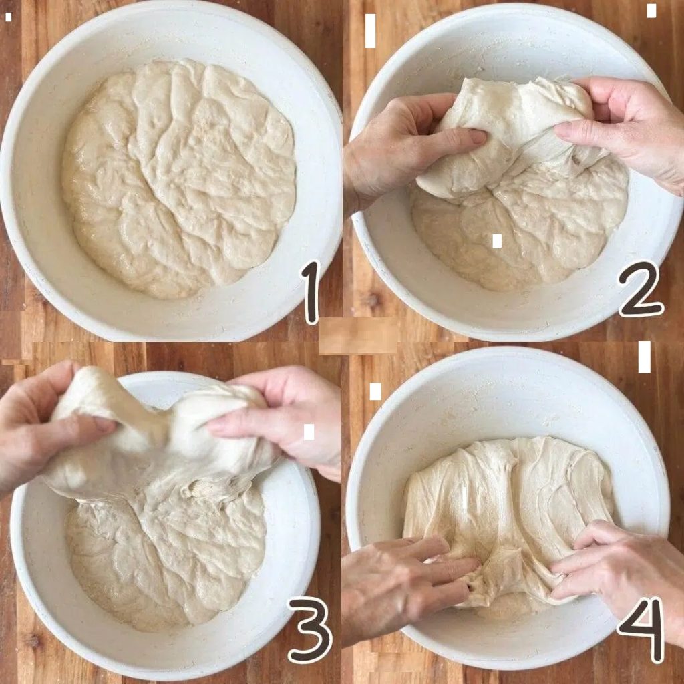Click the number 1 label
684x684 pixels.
tap(311, 293)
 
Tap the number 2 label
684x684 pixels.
tap(641, 290)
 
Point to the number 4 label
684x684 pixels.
tap(641, 629)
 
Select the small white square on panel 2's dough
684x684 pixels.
tap(497, 241)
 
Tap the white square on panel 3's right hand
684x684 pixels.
tap(309, 432)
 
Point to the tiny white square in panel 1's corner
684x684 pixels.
tap(8, 17)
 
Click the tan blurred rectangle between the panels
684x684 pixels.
tap(358, 335)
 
